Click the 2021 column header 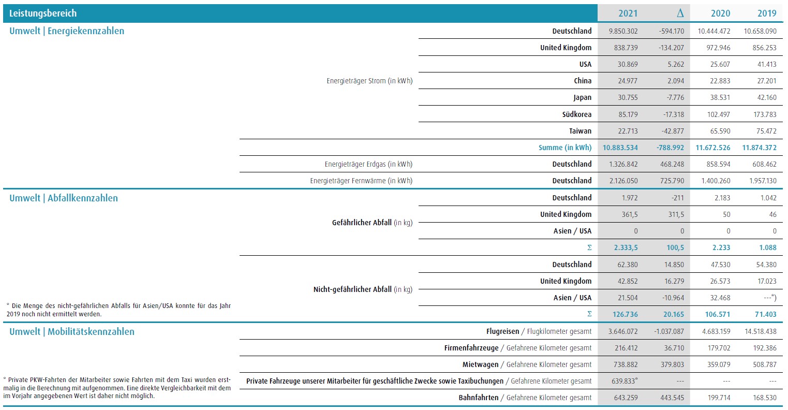tap(628, 13)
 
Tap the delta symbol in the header tap(680, 13)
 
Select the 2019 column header tap(767, 13)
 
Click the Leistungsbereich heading tap(43, 13)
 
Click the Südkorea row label tap(576, 114)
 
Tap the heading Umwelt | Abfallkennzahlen tap(64, 198)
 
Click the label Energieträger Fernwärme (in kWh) tap(361, 181)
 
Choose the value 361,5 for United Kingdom tap(629, 214)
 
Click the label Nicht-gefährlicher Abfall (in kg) tap(363, 289)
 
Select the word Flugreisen tap(502, 331)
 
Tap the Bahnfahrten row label tap(478, 398)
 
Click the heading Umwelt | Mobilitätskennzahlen tap(72, 332)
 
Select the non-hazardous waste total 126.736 tap(625, 314)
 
